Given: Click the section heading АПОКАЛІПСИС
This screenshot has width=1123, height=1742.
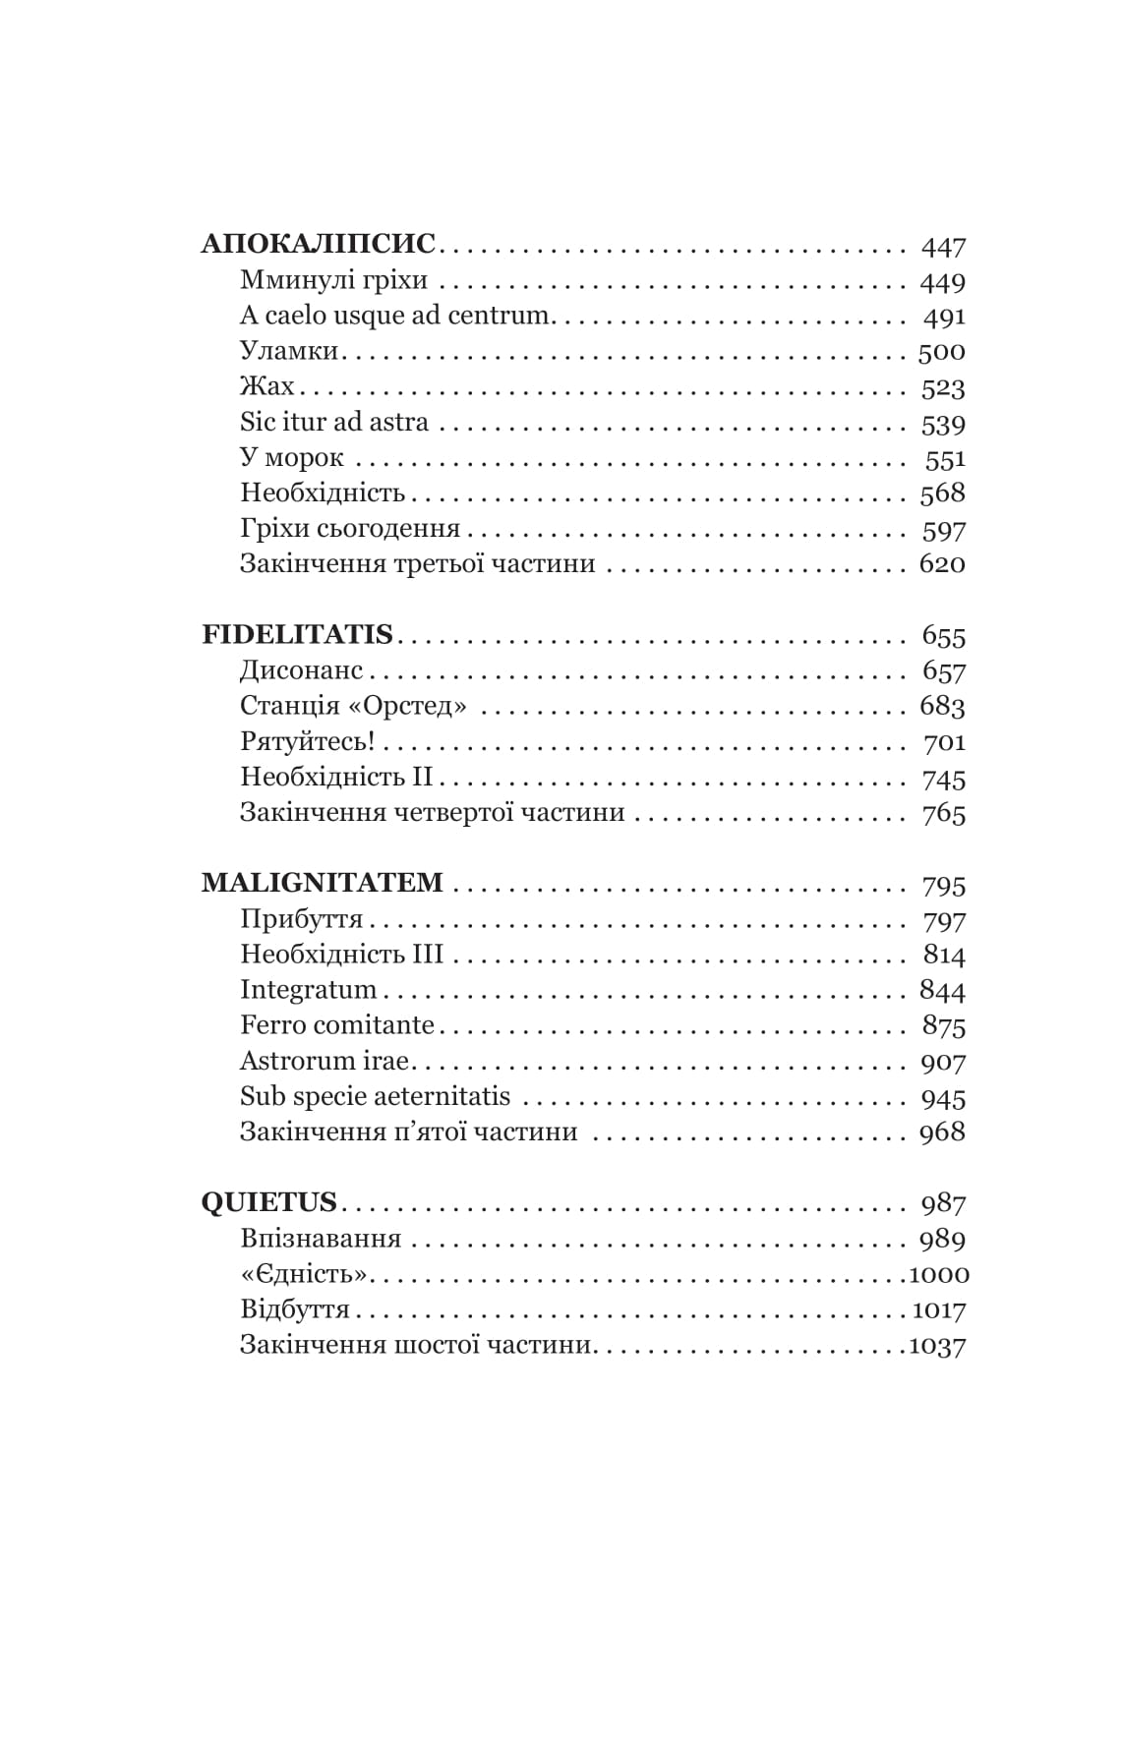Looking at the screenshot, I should pos(318,244).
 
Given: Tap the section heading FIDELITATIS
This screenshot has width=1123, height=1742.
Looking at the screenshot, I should pos(297,635).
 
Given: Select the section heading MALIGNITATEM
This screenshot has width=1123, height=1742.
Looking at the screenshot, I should pos(323,883).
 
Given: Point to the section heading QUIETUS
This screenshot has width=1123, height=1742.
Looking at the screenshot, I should pos(268,1202).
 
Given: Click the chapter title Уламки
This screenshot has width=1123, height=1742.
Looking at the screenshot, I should pos(289,351).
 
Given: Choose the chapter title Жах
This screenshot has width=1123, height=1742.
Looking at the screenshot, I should pos(266,386).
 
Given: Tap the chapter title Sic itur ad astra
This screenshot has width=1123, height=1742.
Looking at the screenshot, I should pos(334,423).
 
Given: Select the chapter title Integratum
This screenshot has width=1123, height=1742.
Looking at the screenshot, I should pos(308,989).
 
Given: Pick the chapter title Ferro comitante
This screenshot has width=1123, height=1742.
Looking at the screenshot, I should pos(337,1025).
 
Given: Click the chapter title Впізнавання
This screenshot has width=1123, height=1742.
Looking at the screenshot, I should pos(321,1239).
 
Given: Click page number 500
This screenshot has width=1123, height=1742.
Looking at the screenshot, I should pos(941,352).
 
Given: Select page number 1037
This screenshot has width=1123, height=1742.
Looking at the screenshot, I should pos(938,1345).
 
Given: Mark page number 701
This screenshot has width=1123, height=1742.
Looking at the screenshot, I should pos(944,742).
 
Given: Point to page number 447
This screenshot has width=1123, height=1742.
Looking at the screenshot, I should pos(944,246).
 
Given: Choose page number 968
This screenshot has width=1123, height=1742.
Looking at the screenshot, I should pos(942,1132).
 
